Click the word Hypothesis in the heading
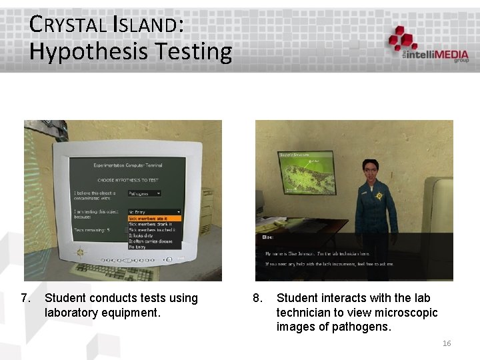click(85, 51)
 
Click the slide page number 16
click(447, 343)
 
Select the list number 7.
click(27, 298)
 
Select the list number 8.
click(258, 298)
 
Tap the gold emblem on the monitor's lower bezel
click(81, 253)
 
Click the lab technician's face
click(369, 171)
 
